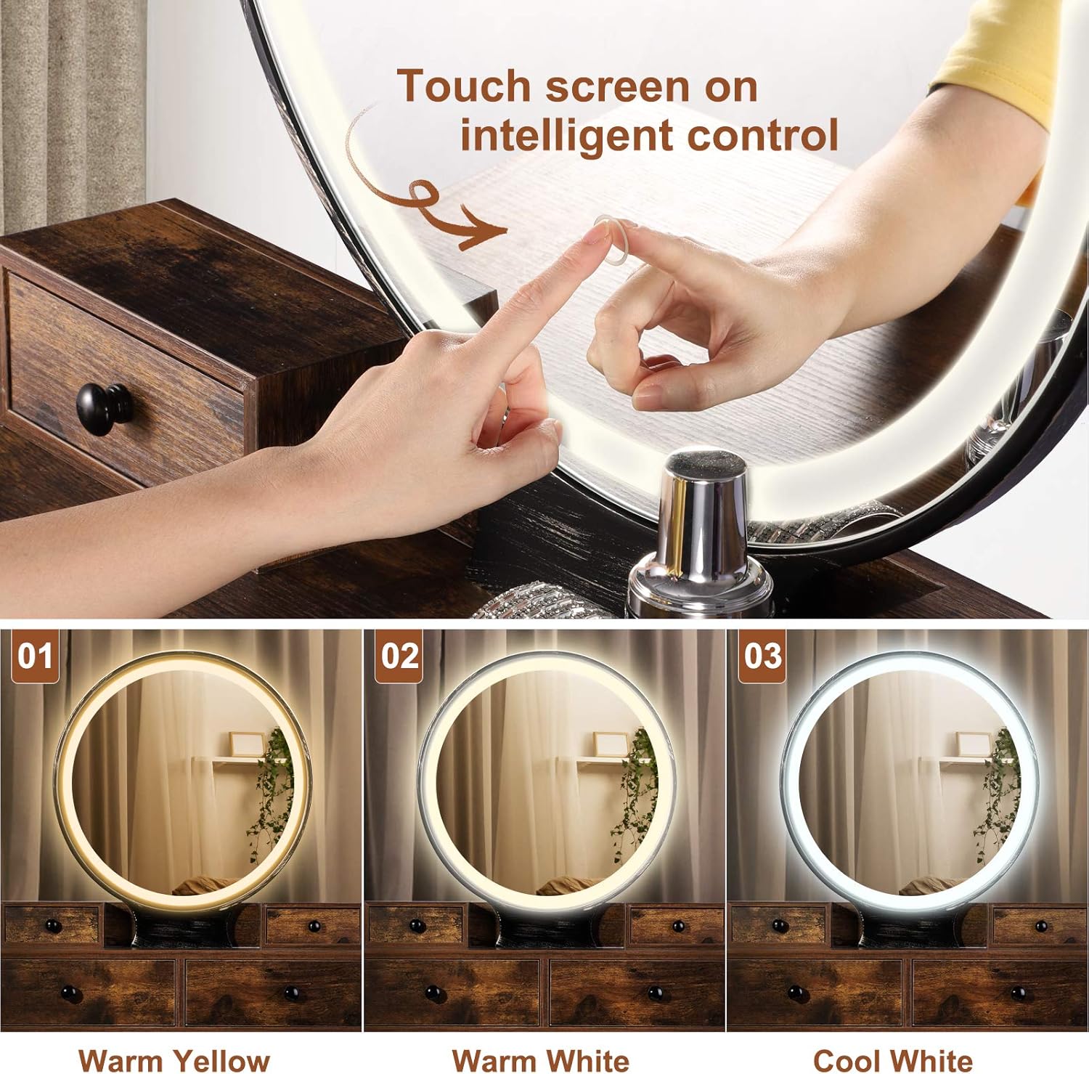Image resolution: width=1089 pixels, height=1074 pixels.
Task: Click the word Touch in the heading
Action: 465,87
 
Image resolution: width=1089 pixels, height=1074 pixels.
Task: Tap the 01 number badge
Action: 35,656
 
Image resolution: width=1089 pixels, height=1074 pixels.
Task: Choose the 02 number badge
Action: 399,656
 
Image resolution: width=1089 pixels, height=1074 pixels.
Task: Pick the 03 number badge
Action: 762,656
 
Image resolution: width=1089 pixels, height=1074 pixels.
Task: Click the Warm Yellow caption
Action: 174,1060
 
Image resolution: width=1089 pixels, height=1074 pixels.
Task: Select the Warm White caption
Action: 541,1060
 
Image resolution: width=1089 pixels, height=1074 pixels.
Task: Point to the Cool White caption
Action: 892,1060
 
